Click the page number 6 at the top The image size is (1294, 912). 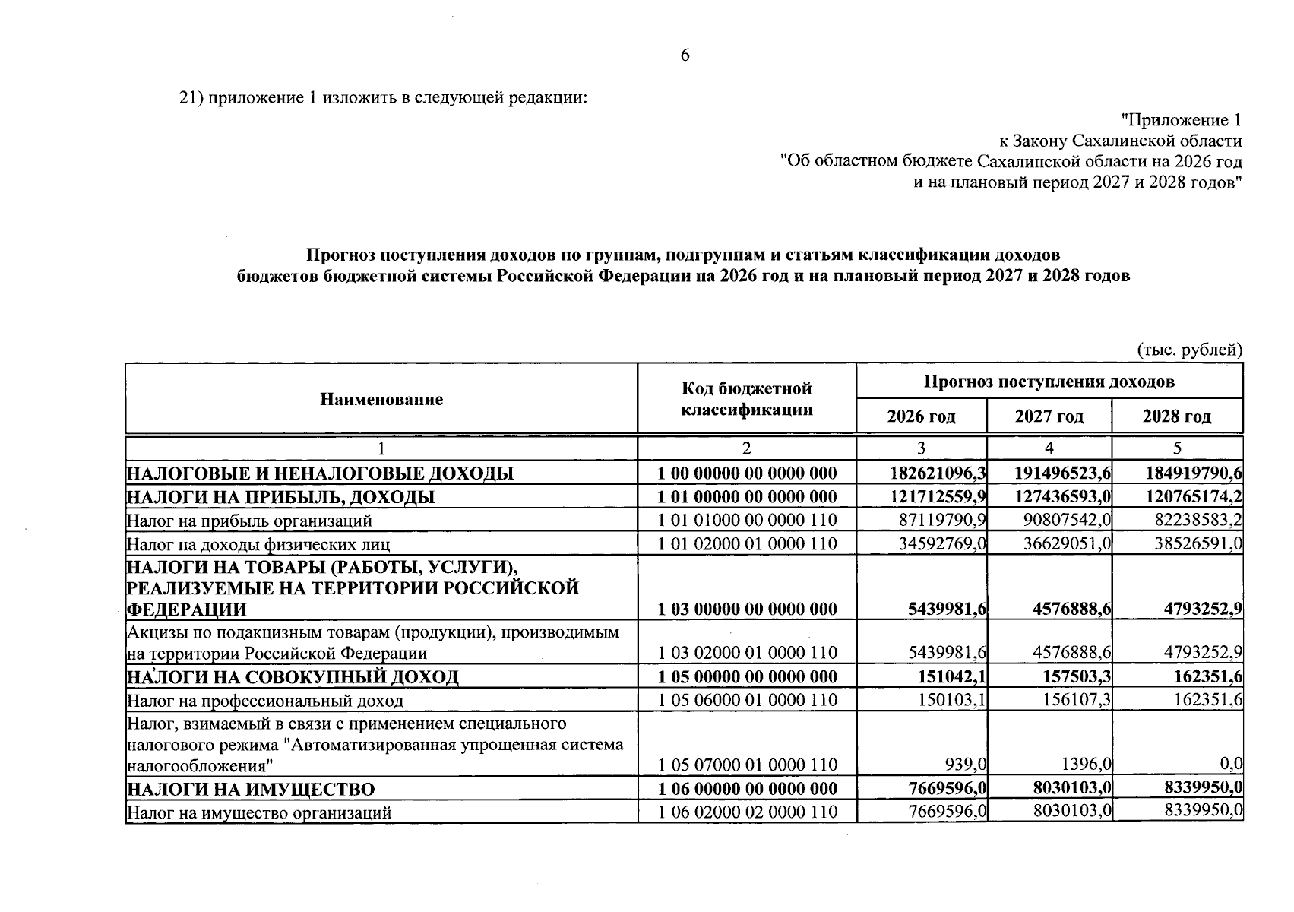point(684,55)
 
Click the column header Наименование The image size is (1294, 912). point(381,400)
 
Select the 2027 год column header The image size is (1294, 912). point(1049,416)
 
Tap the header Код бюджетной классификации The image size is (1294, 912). point(746,400)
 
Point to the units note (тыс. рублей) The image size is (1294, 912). point(1189,350)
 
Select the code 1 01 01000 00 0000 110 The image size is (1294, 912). point(747,521)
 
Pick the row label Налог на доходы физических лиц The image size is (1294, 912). point(258,544)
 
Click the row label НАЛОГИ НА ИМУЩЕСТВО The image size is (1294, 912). point(251,790)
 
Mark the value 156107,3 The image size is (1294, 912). point(1073,700)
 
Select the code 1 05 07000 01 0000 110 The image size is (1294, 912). point(747,765)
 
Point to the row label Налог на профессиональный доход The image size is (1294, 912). point(265,701)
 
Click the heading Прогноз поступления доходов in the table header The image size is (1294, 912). point(1049,382)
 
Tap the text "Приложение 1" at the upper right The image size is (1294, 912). point(1182,120)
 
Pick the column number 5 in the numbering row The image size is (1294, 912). point(1177,448)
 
